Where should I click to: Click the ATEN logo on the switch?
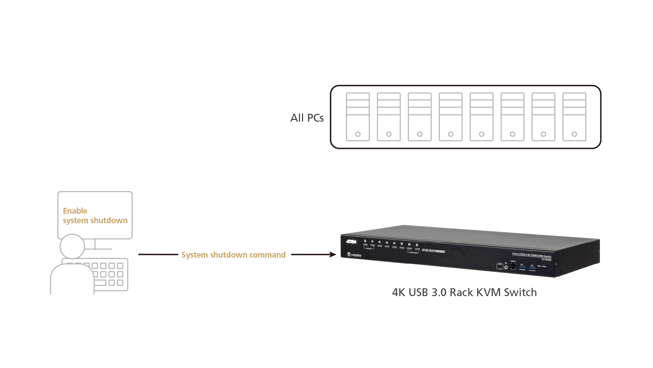point(351,242)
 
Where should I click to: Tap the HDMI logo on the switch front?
point(356,255)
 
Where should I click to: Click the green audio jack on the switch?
point(506,267)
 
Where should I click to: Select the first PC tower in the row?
point(358,117)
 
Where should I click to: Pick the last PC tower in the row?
point(574,117)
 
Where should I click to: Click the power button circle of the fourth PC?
point(451,134)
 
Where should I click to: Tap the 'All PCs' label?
point(307,118)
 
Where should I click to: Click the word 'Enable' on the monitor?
point(75,211)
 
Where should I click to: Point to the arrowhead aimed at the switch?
point(333,255)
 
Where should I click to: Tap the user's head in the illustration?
point(72,246)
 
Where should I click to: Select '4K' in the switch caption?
point(399,292)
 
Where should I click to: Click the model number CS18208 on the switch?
point(546,260)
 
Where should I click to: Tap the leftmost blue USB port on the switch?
point(522,268)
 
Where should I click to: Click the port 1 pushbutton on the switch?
point(365,245)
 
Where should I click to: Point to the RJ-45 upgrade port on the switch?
point(513,266)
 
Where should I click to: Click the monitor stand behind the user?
point(95,244)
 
